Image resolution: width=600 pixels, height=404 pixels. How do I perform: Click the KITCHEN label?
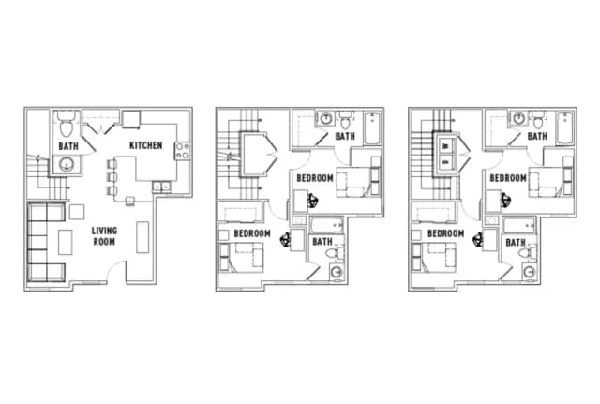click(x=145, y=145)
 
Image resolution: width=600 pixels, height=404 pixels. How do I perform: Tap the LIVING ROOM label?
click(x=104, y=235)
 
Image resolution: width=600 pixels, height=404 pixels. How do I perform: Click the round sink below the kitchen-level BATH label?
click(x=67, y=165)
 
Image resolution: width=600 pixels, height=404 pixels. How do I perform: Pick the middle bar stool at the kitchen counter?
click(x=112, y=176)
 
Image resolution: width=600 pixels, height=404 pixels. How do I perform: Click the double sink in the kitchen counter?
click(x=161, y=186)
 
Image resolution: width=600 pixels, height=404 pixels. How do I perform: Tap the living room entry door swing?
click(x=116, y=273)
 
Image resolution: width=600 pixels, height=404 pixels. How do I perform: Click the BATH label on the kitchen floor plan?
click(x=67, y=146)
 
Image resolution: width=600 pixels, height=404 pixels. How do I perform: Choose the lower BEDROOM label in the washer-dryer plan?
click(x=446, y=233)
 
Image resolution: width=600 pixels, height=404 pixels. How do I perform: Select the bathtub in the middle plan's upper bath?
click(x=370, y=128)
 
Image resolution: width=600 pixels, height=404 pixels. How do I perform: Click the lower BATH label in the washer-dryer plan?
click(x=517, y=242)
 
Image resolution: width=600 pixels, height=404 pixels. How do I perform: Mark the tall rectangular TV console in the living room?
click(x=142, y=236)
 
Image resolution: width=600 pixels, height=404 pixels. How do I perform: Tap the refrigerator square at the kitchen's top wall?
click(x=128, y=120)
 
